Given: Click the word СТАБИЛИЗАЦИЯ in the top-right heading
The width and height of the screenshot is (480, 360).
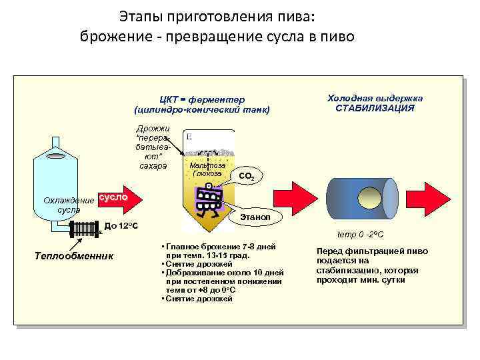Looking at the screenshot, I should tap(375, 108).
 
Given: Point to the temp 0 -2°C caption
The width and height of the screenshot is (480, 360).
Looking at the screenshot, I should tap(360, 234).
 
